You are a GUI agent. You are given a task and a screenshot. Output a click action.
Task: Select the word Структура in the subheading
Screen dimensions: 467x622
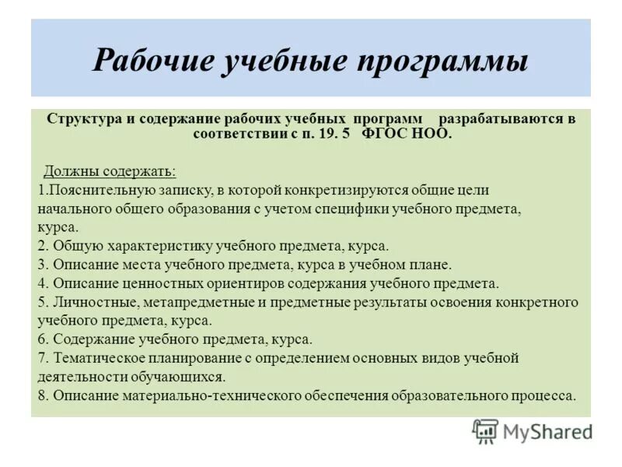tap(81, 119)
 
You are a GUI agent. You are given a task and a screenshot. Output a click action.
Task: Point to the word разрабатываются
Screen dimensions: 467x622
tap(506, 119)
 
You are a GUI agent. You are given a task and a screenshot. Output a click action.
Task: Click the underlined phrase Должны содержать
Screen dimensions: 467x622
tap(110, 170)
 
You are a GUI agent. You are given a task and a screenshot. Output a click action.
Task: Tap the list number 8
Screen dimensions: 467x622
tap(42, 395)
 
